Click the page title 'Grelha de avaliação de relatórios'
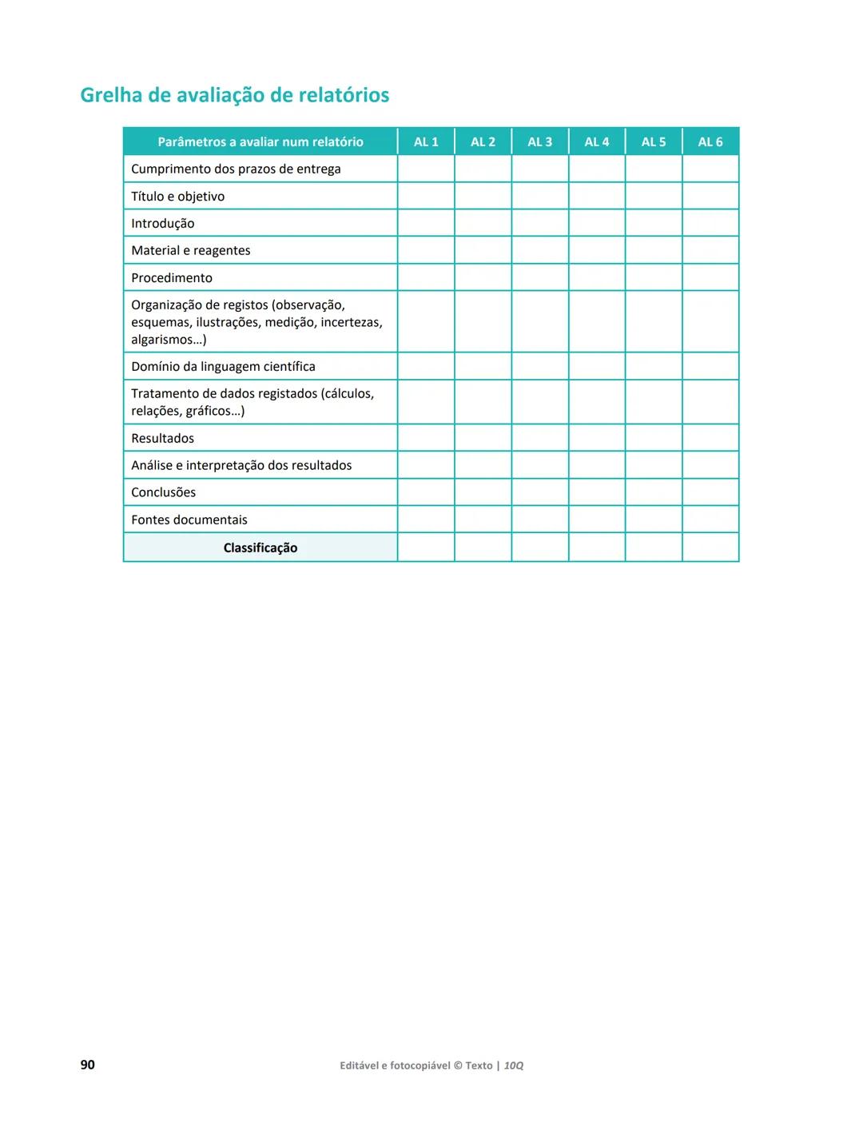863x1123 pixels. pos(235,95)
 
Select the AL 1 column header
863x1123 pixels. pos(426,141)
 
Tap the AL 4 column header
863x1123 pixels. pos(596,141)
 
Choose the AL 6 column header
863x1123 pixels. pos(710,141)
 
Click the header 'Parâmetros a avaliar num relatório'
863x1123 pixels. pos(260,141)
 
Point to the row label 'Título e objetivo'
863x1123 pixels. pos(177,197)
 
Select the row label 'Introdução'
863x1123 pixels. pos(162,224)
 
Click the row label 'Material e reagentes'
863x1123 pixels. pos(190,251)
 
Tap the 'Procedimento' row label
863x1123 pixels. pos(172,278)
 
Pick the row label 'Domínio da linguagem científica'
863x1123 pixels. pos(223,367)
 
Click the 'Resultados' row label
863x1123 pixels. pos(162,439)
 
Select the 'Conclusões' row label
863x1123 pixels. pos(163,493)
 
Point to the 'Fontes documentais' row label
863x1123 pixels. pos(189,520)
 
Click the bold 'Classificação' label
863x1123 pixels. pos(260,548)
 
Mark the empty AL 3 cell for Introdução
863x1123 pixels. pos(540,223)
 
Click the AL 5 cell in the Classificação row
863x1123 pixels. pos(654,548)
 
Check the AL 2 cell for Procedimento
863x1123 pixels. pos(483,277)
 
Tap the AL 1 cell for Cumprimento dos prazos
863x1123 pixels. pos(426,169)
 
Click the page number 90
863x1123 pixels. pos(88,1065)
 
